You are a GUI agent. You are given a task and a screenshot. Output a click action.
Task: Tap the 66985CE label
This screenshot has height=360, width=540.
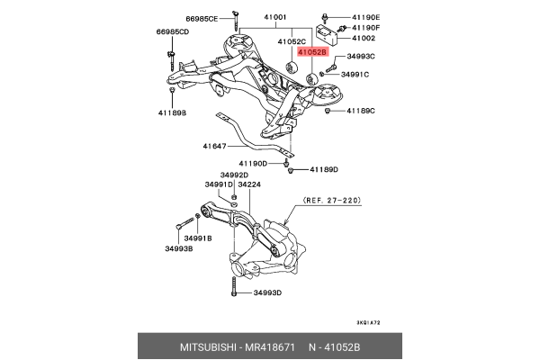tap(202, 17)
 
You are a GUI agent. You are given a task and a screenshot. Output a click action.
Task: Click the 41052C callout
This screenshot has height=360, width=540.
tap(292, 41)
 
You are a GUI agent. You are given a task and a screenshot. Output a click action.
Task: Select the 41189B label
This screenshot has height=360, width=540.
tap(172, 112)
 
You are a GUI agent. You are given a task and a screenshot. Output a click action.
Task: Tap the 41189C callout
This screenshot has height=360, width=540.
tap(362, 110)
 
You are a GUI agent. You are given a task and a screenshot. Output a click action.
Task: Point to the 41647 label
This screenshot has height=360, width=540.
tap(214, 145)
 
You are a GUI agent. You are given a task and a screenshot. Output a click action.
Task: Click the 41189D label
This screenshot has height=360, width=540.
tap(324, 169)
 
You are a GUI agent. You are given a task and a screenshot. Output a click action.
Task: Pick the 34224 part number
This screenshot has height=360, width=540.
tap(249, 184)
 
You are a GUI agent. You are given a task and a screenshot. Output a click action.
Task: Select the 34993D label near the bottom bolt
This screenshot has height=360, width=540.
tap(268, 293)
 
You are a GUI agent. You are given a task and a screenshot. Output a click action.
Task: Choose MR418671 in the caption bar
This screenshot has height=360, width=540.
tap(269, 345)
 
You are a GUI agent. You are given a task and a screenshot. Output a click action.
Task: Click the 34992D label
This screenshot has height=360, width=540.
tap(234, 175)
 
